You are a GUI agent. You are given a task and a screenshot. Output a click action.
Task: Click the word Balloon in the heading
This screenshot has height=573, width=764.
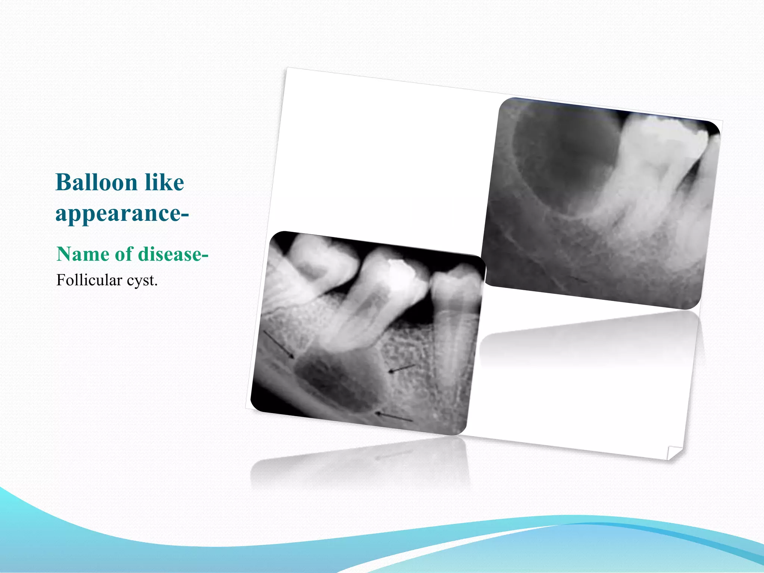coord(96,182)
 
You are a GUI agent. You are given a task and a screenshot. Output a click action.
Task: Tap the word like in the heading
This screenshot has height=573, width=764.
coord(165,182)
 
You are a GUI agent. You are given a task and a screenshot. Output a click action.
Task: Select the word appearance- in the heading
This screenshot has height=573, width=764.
coord(122,214)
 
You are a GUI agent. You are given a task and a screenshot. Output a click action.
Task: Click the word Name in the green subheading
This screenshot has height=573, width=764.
coord(83,254)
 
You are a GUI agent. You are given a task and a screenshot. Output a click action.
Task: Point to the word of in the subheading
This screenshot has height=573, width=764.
coord(124,254)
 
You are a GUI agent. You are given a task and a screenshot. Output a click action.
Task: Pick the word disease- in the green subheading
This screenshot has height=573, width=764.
coord(170,254)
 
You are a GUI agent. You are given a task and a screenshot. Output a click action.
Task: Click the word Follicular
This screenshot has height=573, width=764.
coord(89,280)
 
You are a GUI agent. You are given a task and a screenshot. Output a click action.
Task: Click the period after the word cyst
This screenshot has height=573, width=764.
coord(156,285)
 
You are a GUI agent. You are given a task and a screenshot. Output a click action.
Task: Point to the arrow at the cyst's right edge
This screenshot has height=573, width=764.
coord(401,368)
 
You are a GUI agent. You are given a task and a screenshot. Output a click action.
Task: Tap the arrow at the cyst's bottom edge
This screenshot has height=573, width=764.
coord(394,417)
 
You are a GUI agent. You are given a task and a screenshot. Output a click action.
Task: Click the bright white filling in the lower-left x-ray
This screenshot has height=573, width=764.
coord(401,272)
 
